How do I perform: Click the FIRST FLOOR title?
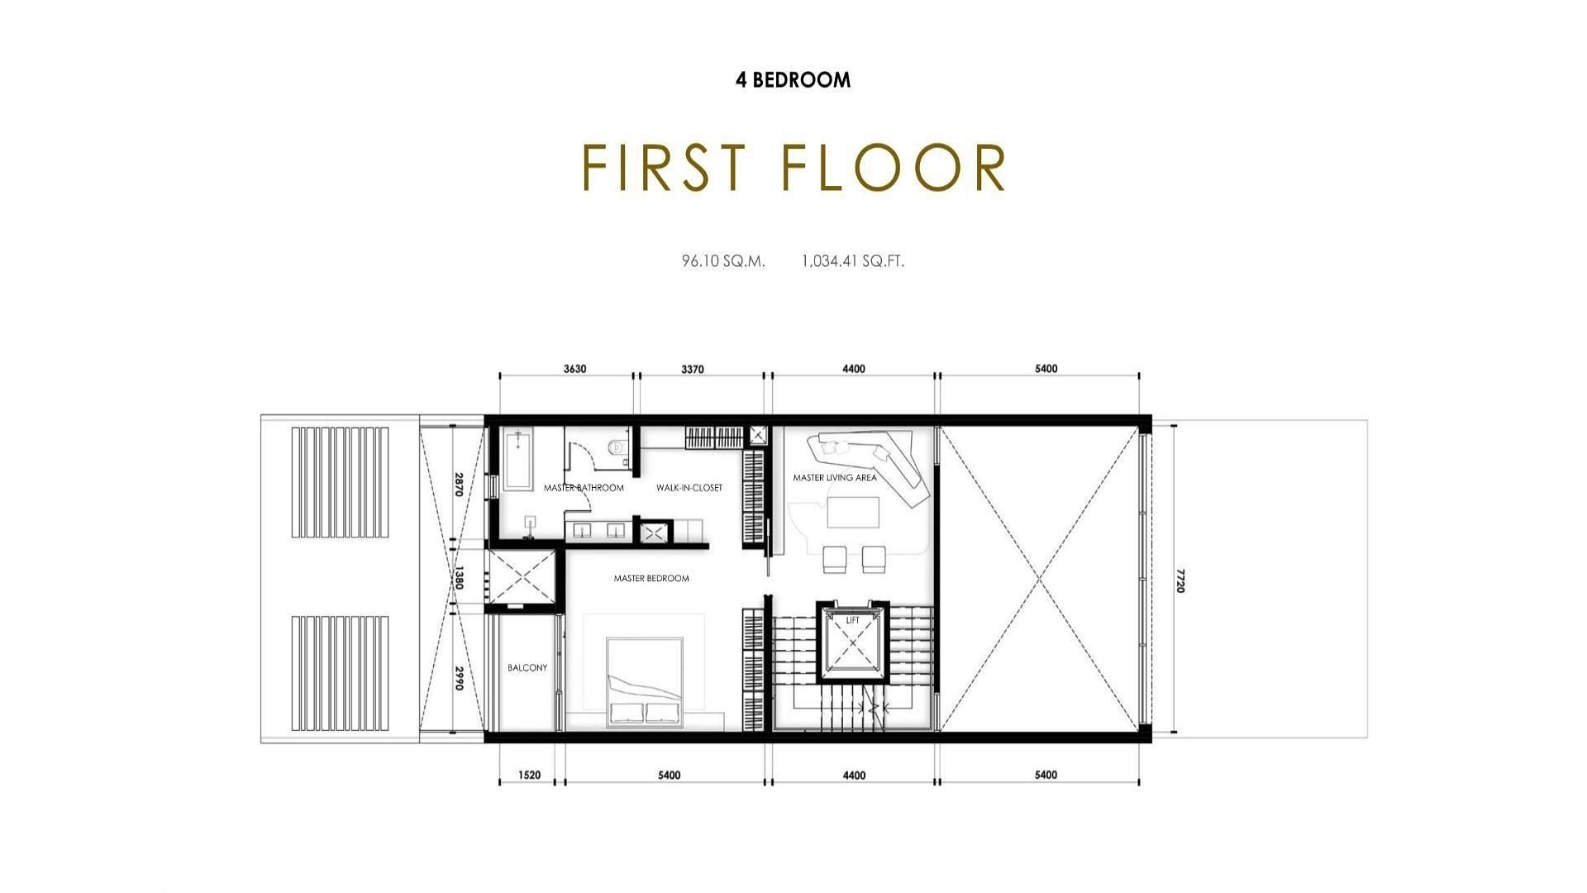point(793,168)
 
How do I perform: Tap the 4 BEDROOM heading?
point(793,80)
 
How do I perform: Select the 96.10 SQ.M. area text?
point(723,261)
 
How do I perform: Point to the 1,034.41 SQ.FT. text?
point(853,261)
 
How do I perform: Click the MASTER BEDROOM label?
point(651,579)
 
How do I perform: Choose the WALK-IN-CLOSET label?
point(689,488)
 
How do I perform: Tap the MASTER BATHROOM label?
point(584,488)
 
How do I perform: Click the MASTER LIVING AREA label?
point(835,478)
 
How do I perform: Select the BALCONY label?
point(527,668)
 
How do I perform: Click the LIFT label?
point(853,620)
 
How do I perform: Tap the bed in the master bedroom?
point(645,682)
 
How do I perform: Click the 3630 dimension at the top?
point(574,369)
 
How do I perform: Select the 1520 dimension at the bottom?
point(529,776)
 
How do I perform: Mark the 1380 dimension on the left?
point(459,578)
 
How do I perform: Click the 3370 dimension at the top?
point(693,369)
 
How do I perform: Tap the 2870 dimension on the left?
point(459,485)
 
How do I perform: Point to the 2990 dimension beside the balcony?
point(459,678)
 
